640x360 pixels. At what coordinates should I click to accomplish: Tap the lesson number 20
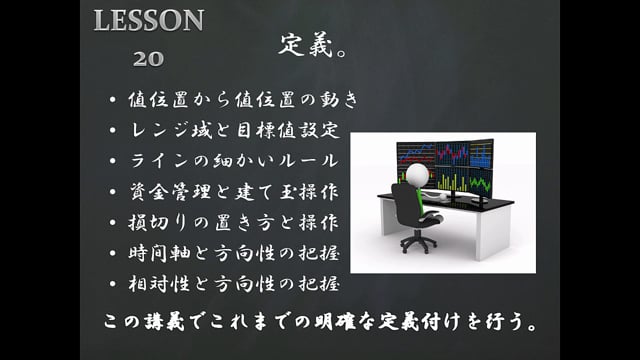click(149, 58)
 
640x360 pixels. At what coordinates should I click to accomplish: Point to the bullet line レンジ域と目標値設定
click(236, 130)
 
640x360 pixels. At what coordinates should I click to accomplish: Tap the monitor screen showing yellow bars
click(477, 183)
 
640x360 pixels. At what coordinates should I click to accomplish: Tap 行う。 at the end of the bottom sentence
click(515, 325)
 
